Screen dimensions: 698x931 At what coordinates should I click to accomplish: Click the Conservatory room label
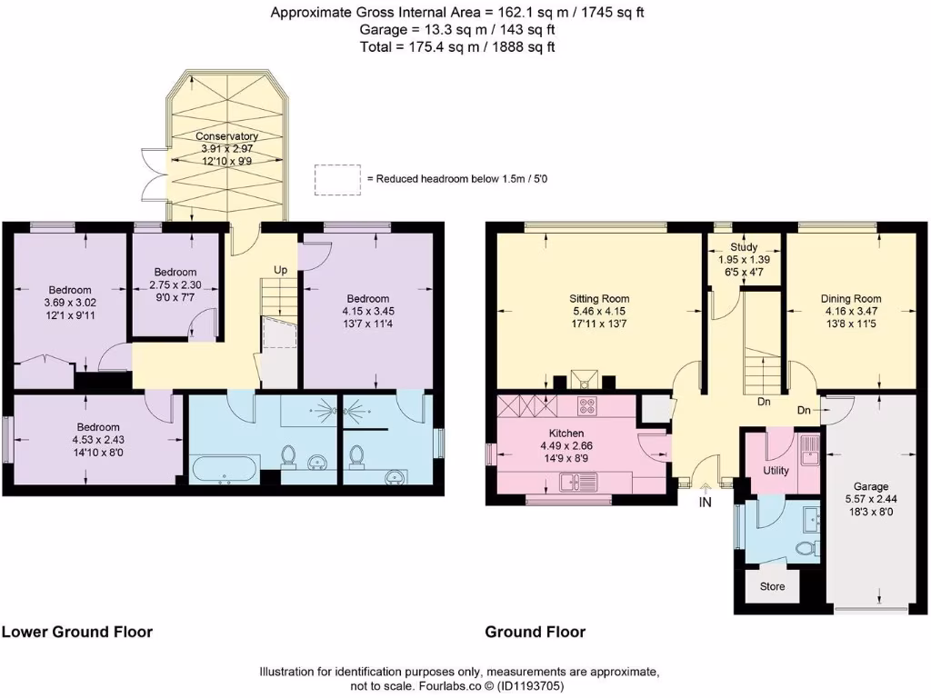tap(227, 136)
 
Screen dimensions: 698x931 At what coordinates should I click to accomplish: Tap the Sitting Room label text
tap(599, 298)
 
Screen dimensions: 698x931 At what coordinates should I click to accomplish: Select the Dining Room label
tap(851, 298)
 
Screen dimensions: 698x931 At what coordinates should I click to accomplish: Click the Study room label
tap(745, 246)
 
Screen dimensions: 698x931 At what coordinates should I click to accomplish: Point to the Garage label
tap(871, 486)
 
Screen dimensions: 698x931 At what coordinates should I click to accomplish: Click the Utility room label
tap(776, 471)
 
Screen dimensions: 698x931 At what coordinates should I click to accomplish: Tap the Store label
tap(772, 586)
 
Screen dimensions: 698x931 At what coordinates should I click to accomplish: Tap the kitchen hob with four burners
tap(586, 405)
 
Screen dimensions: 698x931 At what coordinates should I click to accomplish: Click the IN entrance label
tap(706, 502)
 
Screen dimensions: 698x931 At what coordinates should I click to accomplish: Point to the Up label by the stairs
tap(281, 270)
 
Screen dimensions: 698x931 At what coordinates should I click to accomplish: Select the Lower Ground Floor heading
tap(77, 632)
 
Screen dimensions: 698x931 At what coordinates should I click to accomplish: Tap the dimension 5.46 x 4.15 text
tap(599, 311)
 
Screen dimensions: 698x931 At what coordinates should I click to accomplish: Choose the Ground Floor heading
tap(535, 632)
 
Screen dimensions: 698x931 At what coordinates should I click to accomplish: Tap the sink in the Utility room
tap(809, 446)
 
